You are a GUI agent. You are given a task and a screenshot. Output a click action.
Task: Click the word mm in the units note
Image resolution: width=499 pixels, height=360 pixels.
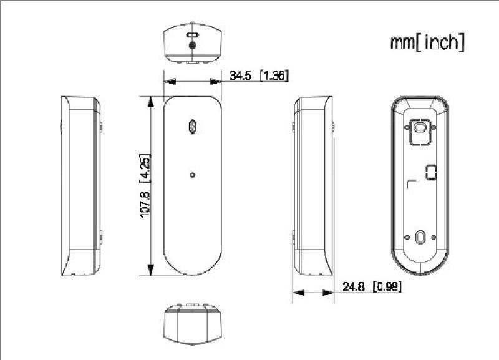402,42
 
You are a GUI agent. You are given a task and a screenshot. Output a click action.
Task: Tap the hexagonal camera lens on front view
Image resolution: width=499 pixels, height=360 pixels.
193,125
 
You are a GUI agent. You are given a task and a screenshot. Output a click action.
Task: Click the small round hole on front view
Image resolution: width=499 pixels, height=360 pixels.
193,175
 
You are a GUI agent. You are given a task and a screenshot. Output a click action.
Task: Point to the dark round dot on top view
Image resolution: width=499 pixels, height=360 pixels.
193,46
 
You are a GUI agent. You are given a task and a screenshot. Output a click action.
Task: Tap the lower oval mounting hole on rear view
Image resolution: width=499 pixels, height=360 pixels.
419,238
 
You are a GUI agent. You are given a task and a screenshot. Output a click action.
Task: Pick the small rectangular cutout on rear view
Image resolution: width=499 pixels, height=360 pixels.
430,172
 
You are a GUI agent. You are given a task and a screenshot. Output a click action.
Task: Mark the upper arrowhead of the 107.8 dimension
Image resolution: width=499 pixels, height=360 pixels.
150,102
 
